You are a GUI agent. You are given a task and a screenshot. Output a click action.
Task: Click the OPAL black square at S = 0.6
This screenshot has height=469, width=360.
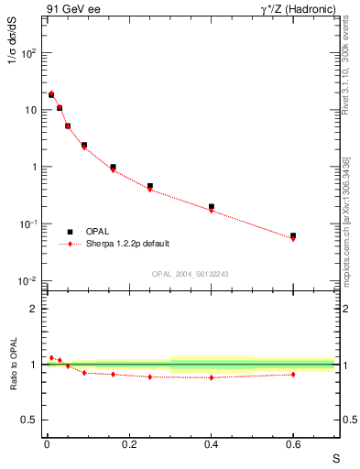pyautogui.click(x=293, y=235)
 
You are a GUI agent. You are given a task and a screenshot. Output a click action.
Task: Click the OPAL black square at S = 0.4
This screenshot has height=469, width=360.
pyautogui.click(x=212, y=207)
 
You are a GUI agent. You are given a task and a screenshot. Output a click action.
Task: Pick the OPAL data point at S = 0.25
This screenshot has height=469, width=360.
pyautogui.click(x=150, y=186)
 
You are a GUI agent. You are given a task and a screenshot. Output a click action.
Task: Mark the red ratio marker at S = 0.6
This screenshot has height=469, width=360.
pyautogui.click(x=293, y=374)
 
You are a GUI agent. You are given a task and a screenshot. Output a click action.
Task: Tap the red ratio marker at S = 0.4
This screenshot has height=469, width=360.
pyautogui.click(x=212, y=377)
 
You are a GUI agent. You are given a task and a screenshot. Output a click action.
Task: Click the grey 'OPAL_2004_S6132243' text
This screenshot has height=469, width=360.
pyautogui.click(x=190, y=274)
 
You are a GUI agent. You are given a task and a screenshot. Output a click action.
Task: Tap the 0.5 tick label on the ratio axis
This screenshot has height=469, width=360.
pyautogui.click(x=29, y=420)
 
